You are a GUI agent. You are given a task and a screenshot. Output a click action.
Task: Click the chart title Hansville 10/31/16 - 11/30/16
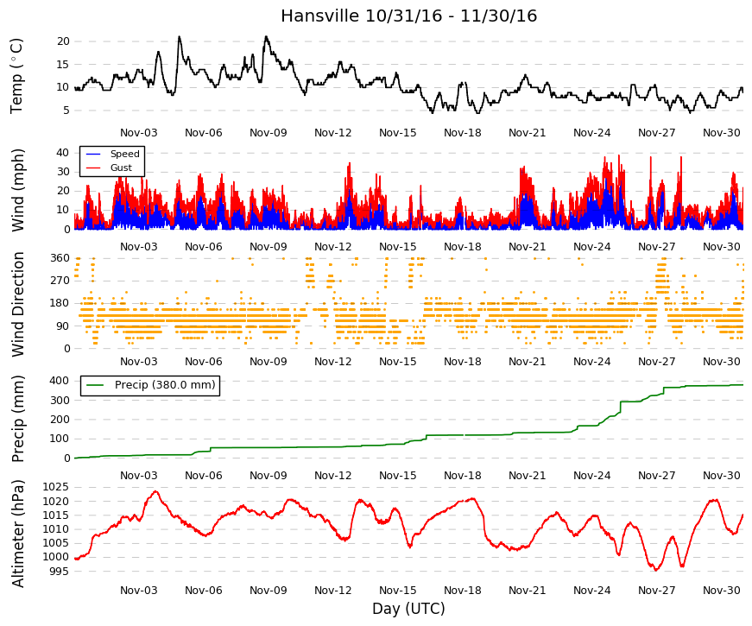(x=408, y=16)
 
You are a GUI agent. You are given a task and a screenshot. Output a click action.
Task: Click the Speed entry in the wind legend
(x=124, y=154)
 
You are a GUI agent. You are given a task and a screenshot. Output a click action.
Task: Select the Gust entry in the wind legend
(x=121, y=168)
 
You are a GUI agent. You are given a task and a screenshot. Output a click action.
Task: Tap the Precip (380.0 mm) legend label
(x=165, y=385)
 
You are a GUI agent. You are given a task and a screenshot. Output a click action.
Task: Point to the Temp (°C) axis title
(x=16, y=76)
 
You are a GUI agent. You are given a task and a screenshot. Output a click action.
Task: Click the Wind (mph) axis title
(x=18, y=191)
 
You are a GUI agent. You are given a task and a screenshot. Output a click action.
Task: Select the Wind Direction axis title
(x=18, y=304)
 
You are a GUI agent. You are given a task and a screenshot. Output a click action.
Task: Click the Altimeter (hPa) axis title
(x=18, y=534)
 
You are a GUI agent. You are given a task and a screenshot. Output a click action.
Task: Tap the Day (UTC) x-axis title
(x=408, y=609)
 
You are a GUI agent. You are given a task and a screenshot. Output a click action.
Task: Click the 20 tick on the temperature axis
(x=63, y=41)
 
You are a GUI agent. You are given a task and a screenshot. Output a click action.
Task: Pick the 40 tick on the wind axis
(x=63, y=153)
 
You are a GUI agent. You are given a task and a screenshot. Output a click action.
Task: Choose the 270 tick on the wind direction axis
(x=60, y=281)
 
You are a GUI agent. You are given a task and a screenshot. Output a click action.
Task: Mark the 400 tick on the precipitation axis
(x=60, y=381)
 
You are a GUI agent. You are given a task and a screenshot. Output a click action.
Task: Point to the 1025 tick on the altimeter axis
(x=55, y=487)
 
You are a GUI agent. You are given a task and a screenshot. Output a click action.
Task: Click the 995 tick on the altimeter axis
(x=59, y=572)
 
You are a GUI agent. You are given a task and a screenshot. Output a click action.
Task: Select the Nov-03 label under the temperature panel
(x=139, y=133)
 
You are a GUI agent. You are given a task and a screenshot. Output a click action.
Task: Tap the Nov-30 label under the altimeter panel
(x=722, y=591)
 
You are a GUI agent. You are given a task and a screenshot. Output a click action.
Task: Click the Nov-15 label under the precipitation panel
(x=397, y=476)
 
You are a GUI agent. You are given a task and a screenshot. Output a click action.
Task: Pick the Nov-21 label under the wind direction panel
(x=527, y=362)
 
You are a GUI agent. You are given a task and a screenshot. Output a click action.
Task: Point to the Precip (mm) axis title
(x=18, y=419)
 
